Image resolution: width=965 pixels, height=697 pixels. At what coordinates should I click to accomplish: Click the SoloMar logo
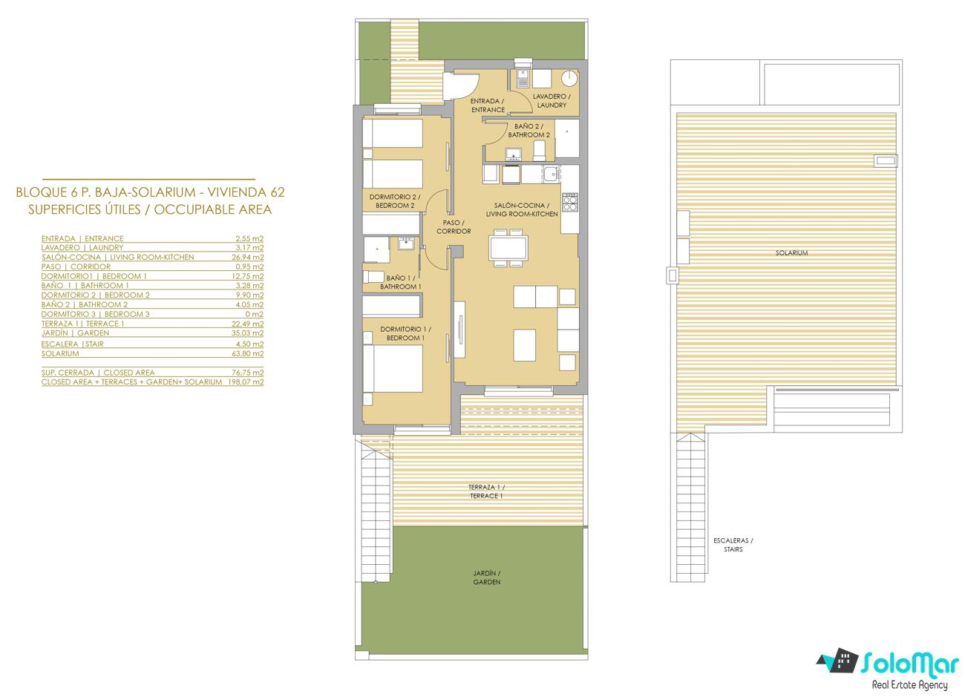point(888,669)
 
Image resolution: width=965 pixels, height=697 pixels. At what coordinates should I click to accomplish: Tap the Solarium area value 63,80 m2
point(247,353)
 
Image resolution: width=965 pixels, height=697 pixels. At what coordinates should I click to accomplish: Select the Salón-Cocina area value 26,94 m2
point(247,257)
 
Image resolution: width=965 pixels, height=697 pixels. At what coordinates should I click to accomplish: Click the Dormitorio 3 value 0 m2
point(254,315)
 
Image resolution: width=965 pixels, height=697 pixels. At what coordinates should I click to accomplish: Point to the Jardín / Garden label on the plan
point(486,577)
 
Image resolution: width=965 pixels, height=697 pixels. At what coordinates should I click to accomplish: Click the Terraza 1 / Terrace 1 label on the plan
point(486,491)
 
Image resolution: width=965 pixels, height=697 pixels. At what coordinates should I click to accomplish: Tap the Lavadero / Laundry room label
point(552,101)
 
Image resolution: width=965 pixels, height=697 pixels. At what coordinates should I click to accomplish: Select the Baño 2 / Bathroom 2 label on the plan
point(529,131)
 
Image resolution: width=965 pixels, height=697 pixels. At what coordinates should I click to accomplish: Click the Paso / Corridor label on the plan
point(454,227)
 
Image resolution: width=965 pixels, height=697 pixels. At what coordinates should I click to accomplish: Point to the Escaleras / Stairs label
point(733,545)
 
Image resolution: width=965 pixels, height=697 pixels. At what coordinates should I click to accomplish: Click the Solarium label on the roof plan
point(791,253)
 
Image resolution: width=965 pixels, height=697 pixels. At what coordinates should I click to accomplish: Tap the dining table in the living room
point(508,248)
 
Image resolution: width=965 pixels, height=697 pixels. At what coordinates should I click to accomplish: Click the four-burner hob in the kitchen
point(569,203)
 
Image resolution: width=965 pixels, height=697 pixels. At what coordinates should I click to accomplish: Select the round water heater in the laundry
point(569,79)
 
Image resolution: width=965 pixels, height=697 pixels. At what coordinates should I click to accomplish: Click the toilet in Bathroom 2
point(539,151)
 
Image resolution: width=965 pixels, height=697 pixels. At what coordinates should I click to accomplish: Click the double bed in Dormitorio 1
point(393,368)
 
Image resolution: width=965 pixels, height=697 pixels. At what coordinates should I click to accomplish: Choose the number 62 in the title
point(278,192)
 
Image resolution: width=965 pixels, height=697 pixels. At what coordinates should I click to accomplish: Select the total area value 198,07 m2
point(246,382)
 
